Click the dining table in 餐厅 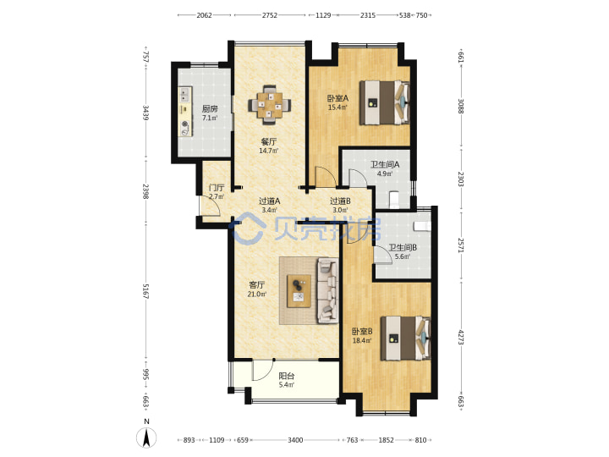(270, 105)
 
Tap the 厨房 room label (210, 108)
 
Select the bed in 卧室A (385, 102)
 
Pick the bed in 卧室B (406, 338)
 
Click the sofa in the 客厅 (327, 290)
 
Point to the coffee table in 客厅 (299, 291)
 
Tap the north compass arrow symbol (146, 438)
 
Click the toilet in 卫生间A (393, 198)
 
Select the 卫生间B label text (403, 247)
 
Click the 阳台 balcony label (287, 376)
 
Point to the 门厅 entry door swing (210, 206)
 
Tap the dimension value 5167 (145, 291)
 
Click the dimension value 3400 (295, 440)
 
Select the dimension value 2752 (270, 15)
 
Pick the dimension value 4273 (461, 338)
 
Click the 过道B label (340, 201)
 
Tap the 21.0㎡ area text (257, 295)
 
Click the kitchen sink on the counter (185, 94)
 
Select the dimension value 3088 (461, 106)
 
